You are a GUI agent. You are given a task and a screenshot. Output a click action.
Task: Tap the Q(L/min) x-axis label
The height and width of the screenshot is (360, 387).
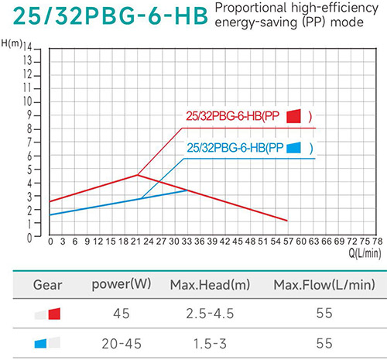(x=362, y=251)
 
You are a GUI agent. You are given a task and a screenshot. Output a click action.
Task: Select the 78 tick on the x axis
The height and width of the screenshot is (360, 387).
(x=376, y=241)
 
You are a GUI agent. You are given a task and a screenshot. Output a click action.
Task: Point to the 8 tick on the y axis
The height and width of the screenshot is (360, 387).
(x=29, y=129)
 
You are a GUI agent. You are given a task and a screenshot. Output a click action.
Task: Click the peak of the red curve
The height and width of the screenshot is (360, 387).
(x=138, y=174)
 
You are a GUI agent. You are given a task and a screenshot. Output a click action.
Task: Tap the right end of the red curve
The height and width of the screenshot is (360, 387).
(x=288, y=221)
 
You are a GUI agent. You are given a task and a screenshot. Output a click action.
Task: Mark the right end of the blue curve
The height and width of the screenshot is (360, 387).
(x=188, y=190)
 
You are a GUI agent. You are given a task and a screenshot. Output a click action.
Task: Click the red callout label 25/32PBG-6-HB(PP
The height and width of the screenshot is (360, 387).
(x=231, y=117)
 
